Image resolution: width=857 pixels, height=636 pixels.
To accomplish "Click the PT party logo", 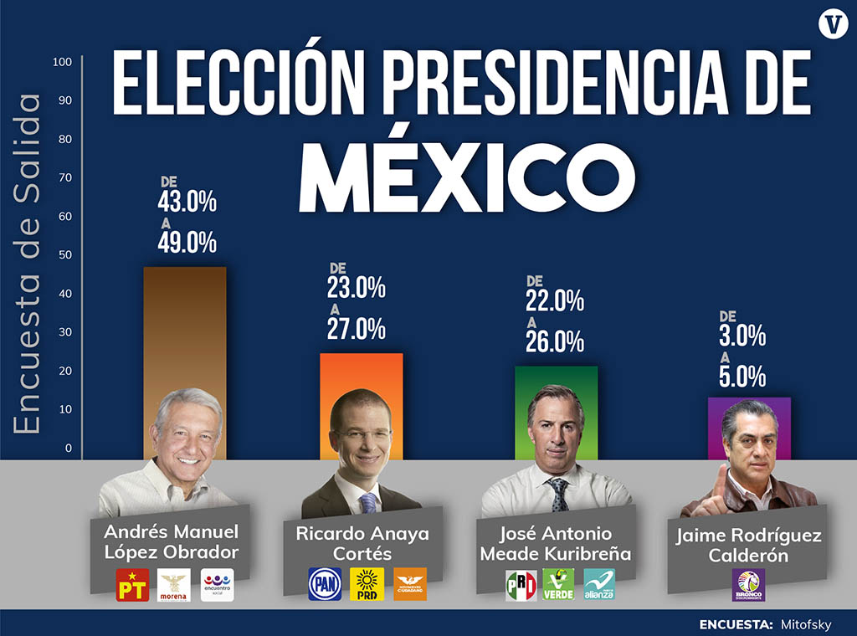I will [132, 585].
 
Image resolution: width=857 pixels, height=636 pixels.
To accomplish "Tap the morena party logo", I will [175, 585].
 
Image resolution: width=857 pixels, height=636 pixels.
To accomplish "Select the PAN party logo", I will [325, 584].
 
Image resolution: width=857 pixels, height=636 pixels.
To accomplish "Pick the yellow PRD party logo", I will [367, 584].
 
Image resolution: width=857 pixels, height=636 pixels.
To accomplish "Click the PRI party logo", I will [521, 584].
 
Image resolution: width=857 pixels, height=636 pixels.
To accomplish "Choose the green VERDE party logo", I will [558, 584].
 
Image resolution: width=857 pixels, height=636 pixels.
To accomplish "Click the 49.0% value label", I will [187, 242].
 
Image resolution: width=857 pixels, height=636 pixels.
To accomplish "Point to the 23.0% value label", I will [357, 288].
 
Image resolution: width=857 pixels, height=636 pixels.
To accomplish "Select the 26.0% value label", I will [554, 341].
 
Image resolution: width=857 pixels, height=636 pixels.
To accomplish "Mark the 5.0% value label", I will [742, 377].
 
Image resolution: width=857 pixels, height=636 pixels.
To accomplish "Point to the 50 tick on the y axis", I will [65, 255].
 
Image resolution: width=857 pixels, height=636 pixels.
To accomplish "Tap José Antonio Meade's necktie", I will [557, 495].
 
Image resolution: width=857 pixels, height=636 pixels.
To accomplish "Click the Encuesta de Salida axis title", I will [27, 264].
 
